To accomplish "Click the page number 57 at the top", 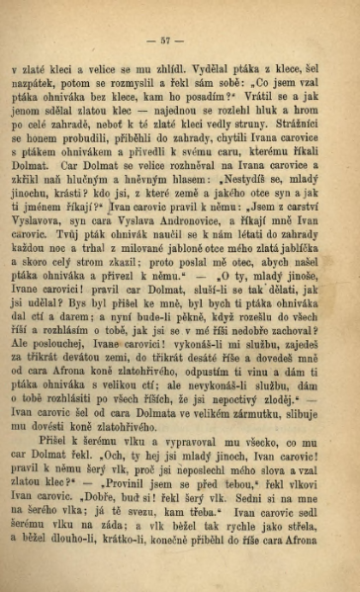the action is (x=180, y=41).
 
